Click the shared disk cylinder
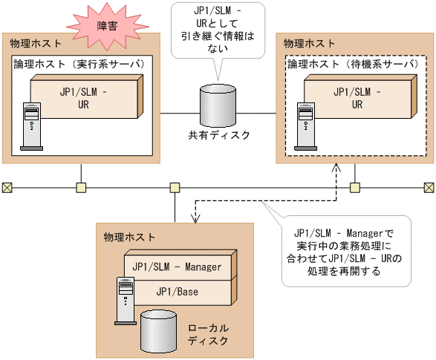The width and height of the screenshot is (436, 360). tap(218, 106)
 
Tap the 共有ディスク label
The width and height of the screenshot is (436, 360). tap(219, 135)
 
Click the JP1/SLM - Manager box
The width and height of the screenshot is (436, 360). tap(178, 266)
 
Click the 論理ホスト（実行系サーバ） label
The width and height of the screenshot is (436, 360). tap(79, 64)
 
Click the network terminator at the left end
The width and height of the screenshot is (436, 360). tap(7, 187)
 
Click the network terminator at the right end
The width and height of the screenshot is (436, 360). tap(429, 187)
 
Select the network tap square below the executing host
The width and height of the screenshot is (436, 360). tap(81, 187)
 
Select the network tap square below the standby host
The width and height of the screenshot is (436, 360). tap(355, 187)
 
